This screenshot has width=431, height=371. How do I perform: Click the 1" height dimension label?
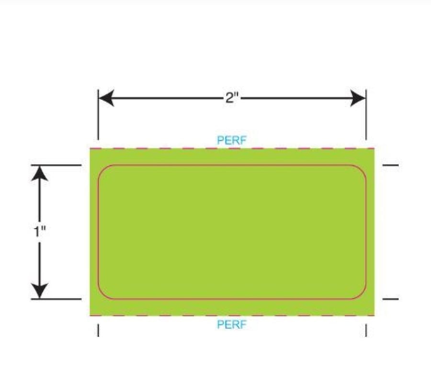pos(40,231)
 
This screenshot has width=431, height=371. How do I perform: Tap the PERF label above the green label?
pos(232,140)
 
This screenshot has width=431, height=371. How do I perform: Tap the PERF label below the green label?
pos(232,325)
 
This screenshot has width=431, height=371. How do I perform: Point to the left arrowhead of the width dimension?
pos(106,98)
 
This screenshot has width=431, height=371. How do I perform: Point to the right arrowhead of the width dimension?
pos(358,98)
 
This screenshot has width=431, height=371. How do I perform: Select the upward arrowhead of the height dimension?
pos(40,174)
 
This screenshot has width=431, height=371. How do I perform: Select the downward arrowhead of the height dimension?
pos(40,290)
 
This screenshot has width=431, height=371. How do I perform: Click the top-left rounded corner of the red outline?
pos(102,168)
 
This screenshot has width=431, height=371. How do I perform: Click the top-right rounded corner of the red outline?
pos(363,168)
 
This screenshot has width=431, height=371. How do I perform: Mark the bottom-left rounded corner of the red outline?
pos(102,295)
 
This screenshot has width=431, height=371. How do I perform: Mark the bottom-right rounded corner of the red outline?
pos(363,295)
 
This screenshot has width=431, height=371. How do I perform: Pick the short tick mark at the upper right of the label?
pos(391,165)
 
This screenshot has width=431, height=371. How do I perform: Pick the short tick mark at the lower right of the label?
pos(391,299)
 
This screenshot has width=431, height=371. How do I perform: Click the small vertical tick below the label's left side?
pos(98,330)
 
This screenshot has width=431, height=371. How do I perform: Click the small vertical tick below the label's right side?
pos(366,330)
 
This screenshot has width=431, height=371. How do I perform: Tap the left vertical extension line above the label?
pos(98,115)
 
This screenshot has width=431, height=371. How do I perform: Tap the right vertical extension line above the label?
pos(366,115)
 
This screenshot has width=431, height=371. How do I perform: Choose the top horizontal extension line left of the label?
pos(56,165)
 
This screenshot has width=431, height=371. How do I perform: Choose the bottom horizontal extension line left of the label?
pos(56,299)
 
